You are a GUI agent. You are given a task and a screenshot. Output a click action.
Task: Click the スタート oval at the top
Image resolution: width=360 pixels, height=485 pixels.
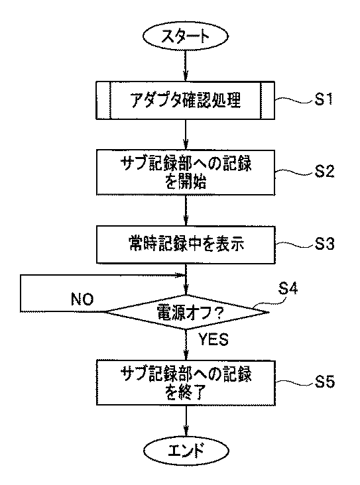186,36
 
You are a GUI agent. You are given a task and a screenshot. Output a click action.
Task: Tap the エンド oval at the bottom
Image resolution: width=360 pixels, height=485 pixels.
186,450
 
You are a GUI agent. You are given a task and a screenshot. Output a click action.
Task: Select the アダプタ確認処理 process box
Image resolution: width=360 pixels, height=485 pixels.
185,100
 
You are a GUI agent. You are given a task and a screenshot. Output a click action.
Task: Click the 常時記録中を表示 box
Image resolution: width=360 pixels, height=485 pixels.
186,244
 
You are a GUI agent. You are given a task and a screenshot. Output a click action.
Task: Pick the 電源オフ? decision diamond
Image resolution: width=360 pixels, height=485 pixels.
186,312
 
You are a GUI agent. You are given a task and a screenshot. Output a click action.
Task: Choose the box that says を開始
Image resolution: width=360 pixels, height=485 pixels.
186,172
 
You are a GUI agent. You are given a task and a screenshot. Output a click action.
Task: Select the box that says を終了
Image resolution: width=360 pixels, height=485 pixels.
186,382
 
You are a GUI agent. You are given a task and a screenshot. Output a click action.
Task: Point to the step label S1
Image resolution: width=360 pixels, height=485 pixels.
324,99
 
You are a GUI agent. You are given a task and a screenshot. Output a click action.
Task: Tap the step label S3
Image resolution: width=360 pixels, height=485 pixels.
325,244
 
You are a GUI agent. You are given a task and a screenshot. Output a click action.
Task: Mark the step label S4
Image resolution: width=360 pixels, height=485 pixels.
288,288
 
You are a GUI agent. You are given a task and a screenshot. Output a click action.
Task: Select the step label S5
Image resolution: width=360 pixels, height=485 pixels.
325,382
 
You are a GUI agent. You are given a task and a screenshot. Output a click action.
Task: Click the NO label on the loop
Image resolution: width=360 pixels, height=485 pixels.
82,299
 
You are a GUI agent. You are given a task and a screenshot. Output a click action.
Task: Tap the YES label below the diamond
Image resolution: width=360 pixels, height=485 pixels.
213,339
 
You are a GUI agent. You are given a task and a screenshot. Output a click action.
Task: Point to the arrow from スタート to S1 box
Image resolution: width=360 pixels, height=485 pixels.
186,66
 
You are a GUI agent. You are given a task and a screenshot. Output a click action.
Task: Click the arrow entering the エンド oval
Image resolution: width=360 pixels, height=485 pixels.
186,421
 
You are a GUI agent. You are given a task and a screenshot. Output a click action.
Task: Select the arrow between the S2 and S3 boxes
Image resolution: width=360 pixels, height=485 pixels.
186,211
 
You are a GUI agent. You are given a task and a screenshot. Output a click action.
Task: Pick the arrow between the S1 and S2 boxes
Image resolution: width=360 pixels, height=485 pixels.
186,135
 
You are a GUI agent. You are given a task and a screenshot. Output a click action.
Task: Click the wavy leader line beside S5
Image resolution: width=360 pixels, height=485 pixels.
294,383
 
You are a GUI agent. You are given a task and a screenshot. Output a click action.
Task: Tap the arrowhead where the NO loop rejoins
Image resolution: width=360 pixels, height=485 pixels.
181,275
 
